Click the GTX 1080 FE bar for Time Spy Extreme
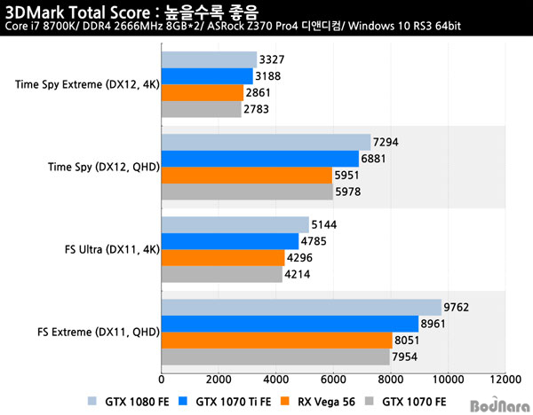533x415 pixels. click(209, 59)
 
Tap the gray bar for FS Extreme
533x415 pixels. click(274, 358)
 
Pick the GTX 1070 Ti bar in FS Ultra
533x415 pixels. click(229, 241)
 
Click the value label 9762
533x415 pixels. click(457, 308)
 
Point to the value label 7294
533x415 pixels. click(386, 142)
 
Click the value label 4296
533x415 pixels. click(299, 258)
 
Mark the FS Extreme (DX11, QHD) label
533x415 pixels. click(98, 333)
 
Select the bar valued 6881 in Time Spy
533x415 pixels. click(259, 159)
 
